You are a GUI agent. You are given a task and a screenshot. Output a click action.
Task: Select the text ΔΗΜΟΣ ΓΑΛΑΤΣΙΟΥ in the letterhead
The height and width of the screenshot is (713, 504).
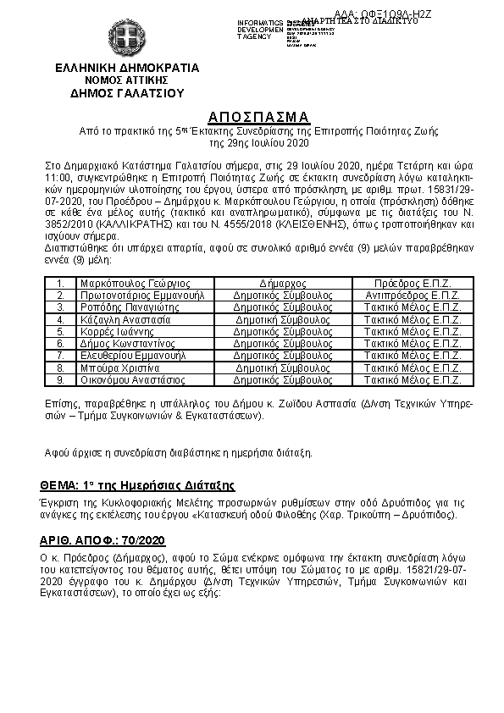pos(127,93)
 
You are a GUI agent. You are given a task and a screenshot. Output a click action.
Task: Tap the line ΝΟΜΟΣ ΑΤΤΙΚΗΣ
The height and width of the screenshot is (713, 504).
pos(127,80)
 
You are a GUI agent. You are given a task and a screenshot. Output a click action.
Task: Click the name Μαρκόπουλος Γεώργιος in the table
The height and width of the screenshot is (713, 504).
pos(136,283)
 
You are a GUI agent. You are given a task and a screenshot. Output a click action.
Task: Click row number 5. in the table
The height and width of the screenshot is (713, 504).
pos(60,332)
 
